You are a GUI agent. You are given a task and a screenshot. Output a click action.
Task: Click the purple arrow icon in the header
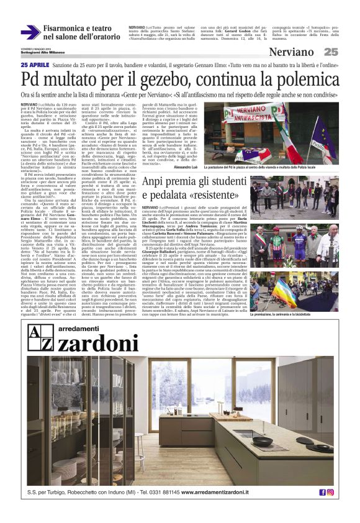click(x=30, y=32)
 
